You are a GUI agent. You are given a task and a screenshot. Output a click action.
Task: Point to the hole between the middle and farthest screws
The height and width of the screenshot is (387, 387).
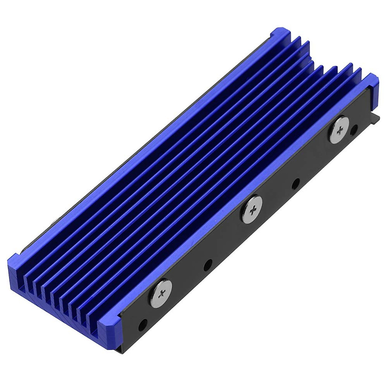coord(295,185)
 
